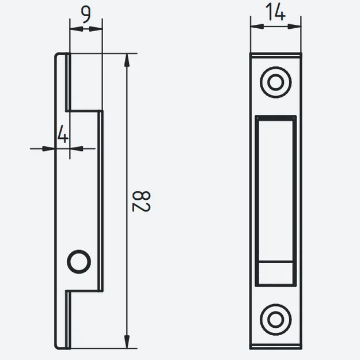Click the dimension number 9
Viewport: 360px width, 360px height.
[x=86, y=14]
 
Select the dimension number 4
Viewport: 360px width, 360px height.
[x=63, y=136]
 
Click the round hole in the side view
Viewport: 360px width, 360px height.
[x=79, y=262]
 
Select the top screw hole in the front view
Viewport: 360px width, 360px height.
[x=276, y=82]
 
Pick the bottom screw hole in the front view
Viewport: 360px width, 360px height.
[x=276, y=317]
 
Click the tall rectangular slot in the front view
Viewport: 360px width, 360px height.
[x=276, y=190]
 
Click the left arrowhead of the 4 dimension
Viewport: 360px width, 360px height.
[x=52, y=149]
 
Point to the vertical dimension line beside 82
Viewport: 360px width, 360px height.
[x=126, y=144]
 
